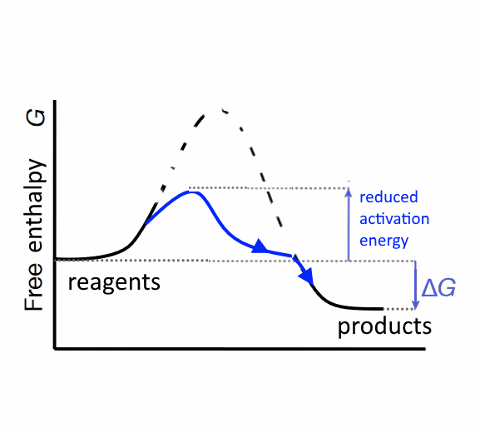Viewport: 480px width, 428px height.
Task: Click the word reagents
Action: point(114,283)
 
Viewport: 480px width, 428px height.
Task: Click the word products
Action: point(384,326)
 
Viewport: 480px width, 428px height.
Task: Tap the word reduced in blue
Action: point(388,197)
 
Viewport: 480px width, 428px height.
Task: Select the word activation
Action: point(394,219)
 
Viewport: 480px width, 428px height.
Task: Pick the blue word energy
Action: point(384,241)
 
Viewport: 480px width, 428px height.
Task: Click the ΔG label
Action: point(438,287)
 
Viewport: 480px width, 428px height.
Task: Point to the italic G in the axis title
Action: point(36,117)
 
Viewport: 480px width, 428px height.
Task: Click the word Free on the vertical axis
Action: point(33,286)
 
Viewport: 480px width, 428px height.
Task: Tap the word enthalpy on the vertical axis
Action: point(37,206)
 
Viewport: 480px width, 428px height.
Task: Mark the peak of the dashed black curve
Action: point(215,108)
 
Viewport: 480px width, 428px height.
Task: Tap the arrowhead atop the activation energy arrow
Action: point(349,192)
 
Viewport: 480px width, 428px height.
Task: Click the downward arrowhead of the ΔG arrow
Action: point(415,305)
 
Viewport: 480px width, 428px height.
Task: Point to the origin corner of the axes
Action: point(55,348)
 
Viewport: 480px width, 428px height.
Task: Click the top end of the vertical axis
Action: point(55,101)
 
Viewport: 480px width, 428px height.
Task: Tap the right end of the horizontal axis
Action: point(425,348)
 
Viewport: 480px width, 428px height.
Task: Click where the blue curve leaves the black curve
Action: point(146,224)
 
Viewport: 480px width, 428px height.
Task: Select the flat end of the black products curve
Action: point(383,309)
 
